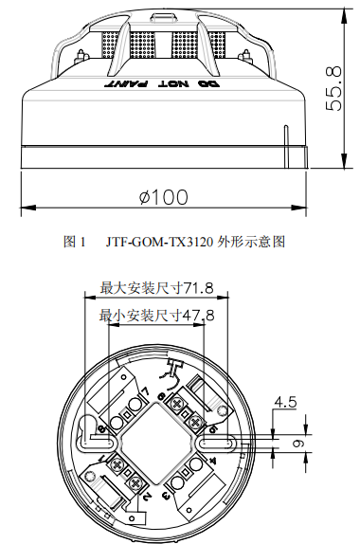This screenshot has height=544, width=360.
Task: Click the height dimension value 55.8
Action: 333,88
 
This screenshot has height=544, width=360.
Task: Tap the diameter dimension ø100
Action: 162,196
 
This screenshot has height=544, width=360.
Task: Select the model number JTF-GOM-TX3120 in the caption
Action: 160,242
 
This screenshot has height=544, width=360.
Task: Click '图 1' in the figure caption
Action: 75,242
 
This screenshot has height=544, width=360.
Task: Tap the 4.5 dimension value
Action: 284,402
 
